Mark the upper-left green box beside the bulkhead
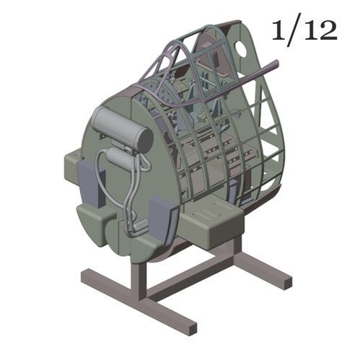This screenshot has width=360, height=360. [x=73, y=163]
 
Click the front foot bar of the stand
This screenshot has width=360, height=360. [x=138, y=302]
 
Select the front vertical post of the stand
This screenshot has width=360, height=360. [x=136, y=278]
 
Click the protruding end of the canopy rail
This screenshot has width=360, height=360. [x=273, y=69]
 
